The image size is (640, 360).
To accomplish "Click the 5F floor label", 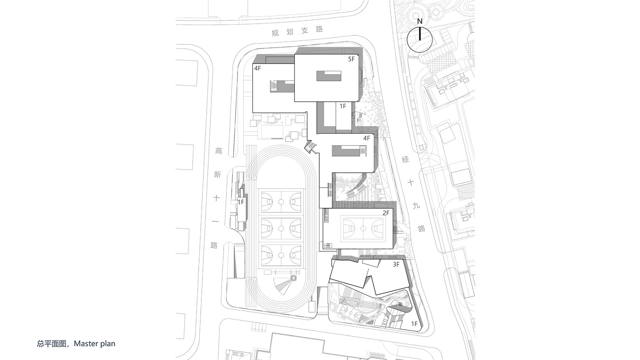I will [x=351, y=59].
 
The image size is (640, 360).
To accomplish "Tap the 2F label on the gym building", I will [x=386, y=213].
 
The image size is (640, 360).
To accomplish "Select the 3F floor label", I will [x=396, y=265].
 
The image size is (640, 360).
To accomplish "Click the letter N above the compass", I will [x=420, y=22].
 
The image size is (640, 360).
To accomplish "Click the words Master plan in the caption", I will [x=94, y=343].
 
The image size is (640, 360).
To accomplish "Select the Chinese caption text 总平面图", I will [x=52, y=343].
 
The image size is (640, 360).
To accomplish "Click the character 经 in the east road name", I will [x=406, y=160].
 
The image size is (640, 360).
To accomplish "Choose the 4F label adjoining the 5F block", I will [x=258, y=68].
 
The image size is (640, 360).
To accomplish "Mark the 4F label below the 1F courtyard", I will [x=367, y=138].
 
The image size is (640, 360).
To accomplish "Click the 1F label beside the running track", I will [x=241, y=202].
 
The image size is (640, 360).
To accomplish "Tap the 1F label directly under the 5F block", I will [x=343, y=106].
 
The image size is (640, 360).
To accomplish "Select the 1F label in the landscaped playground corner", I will [x=414, y=323].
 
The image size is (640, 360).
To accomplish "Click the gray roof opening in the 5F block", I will [x=329, y=76].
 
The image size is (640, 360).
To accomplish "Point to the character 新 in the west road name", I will [x=217, y=174].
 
